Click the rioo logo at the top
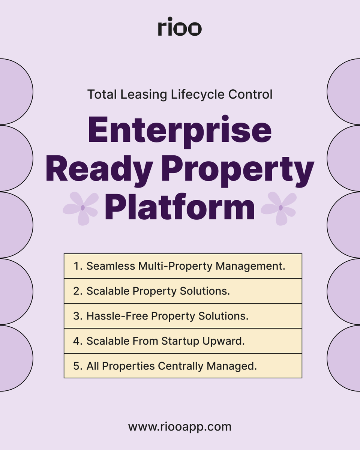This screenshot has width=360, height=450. tap(180, 27)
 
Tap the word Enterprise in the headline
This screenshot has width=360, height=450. tap(180, 130)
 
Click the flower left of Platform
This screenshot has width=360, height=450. tap(81, 208)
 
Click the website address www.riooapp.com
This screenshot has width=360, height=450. tap(180, 426)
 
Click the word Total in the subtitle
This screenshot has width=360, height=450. tap(102, 94)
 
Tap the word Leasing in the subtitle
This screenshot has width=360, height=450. tap(144, 94)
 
